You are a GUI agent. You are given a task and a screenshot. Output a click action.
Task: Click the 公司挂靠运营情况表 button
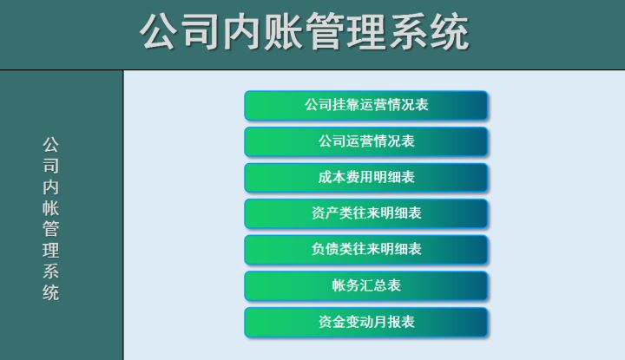tap(366, 106)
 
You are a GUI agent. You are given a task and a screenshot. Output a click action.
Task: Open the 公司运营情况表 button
tap(366, 141)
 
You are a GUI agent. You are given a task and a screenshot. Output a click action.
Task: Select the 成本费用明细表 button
tap(366, 178)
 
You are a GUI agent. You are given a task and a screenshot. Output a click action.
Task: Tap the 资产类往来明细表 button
tap(366, 214)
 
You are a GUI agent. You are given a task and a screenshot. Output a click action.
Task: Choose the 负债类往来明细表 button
tap(366, 250)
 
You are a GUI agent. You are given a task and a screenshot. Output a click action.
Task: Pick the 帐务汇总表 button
tap(366, 286)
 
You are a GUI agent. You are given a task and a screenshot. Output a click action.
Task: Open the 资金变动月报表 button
tap(366, 322)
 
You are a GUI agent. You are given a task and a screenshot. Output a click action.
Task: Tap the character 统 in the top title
tap(450, 31)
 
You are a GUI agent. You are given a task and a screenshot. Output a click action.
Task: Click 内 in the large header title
tap(242, 31)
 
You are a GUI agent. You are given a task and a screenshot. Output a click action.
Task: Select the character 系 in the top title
tap(408, 31)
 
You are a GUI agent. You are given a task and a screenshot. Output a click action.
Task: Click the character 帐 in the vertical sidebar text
tap(50, 208)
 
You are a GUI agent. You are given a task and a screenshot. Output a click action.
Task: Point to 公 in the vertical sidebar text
tap(50, 145)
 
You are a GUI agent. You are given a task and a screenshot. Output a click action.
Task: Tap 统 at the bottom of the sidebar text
tap(50, 292)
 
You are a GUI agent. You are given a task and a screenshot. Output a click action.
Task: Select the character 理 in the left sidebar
tap(50, 251)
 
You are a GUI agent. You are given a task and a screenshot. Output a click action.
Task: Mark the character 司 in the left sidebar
tap(50, 166)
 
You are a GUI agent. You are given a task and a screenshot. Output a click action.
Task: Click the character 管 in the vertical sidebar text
tap(50, 229)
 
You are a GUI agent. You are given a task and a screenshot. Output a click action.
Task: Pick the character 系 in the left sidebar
tap(50, 272)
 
